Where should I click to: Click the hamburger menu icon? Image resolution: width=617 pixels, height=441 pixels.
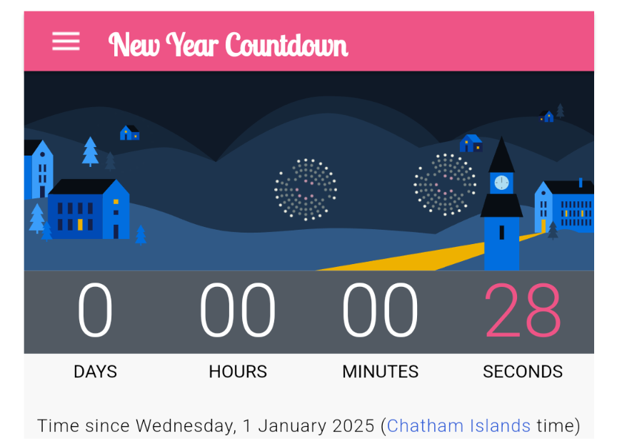pos(66,41)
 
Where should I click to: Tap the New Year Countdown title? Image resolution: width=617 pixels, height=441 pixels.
pos(229,44)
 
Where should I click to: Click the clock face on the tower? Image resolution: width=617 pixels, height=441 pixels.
pos(502,183)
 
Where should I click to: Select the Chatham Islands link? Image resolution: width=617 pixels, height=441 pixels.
pos(458,426)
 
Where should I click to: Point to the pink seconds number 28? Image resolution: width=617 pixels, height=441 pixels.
pos(523,310)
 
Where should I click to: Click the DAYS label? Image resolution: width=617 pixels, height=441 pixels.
pos(95,372)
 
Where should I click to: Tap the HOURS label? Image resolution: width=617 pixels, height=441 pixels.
pos(238,372)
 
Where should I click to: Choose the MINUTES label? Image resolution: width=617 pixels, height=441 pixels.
pos(380,372)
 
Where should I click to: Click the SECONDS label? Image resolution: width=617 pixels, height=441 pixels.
pos(523,372)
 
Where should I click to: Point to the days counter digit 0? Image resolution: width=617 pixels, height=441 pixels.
pos(95,310)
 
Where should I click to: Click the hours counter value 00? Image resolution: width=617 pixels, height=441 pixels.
pos(238,310)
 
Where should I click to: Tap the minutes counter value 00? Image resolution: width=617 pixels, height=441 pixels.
pos(380,310)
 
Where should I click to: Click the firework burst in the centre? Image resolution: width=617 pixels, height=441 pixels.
pos(306,189)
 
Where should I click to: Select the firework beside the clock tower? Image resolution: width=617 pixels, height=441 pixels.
pos(445,185)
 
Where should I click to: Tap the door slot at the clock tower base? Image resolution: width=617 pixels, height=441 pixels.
pos(502,233)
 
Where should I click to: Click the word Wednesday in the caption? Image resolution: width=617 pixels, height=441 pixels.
pos(186,426)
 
